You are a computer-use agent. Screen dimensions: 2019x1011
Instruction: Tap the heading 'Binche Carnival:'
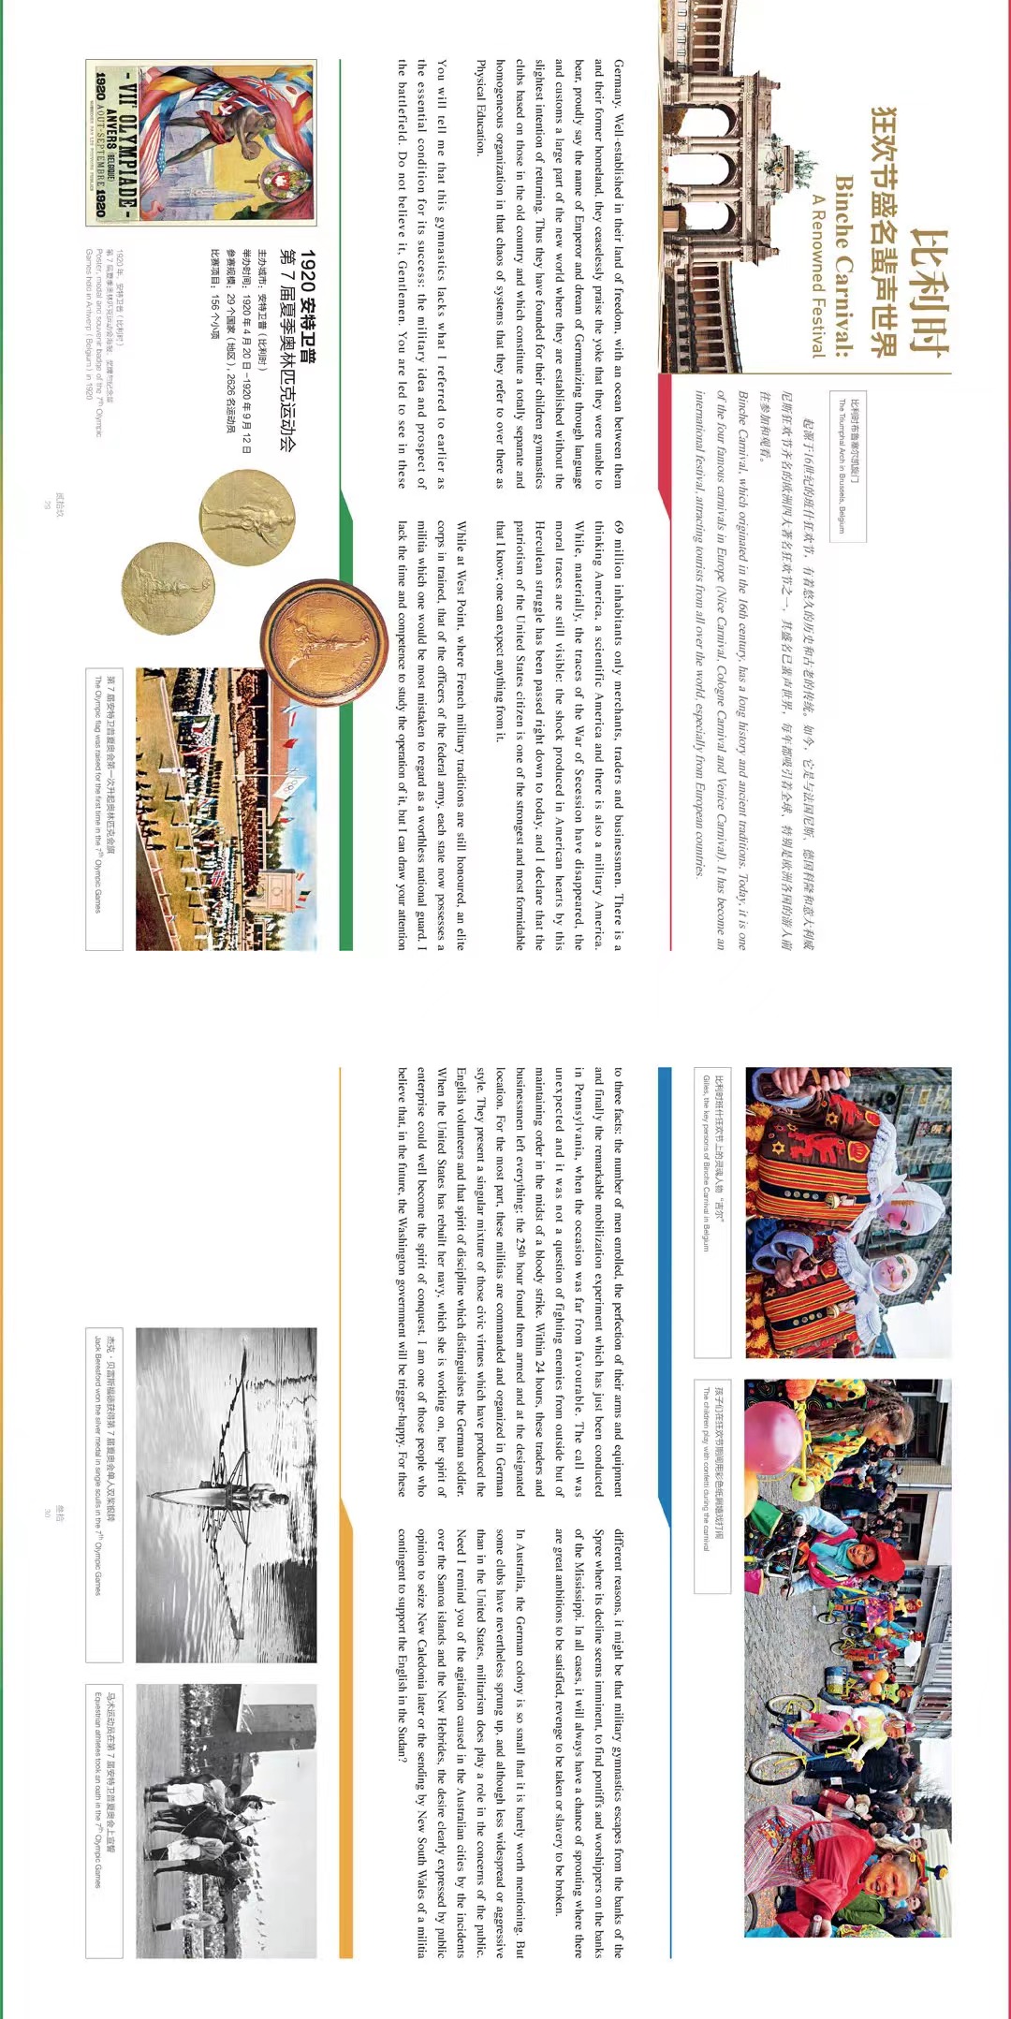[x=843, y=266]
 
